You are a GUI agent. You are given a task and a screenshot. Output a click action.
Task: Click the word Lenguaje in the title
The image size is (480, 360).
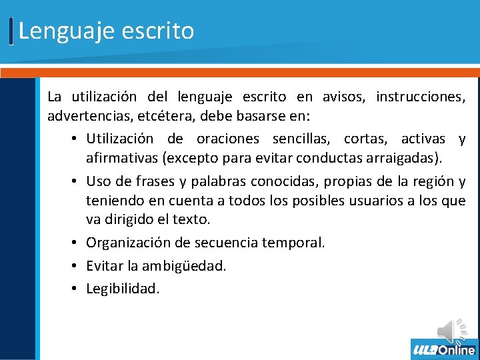[x=58, y=31]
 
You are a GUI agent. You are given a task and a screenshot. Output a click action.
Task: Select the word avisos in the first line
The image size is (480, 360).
[x=340, y=97]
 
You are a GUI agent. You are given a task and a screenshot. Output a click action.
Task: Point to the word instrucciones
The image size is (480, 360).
[x=421, y=97]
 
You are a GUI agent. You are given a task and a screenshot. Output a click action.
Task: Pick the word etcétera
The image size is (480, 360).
[x=162, y=117]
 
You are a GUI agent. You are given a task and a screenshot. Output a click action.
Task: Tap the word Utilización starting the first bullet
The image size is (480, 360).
[x=119, y=139]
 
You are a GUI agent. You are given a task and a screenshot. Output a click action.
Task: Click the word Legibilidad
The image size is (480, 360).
[x=123, y=289]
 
